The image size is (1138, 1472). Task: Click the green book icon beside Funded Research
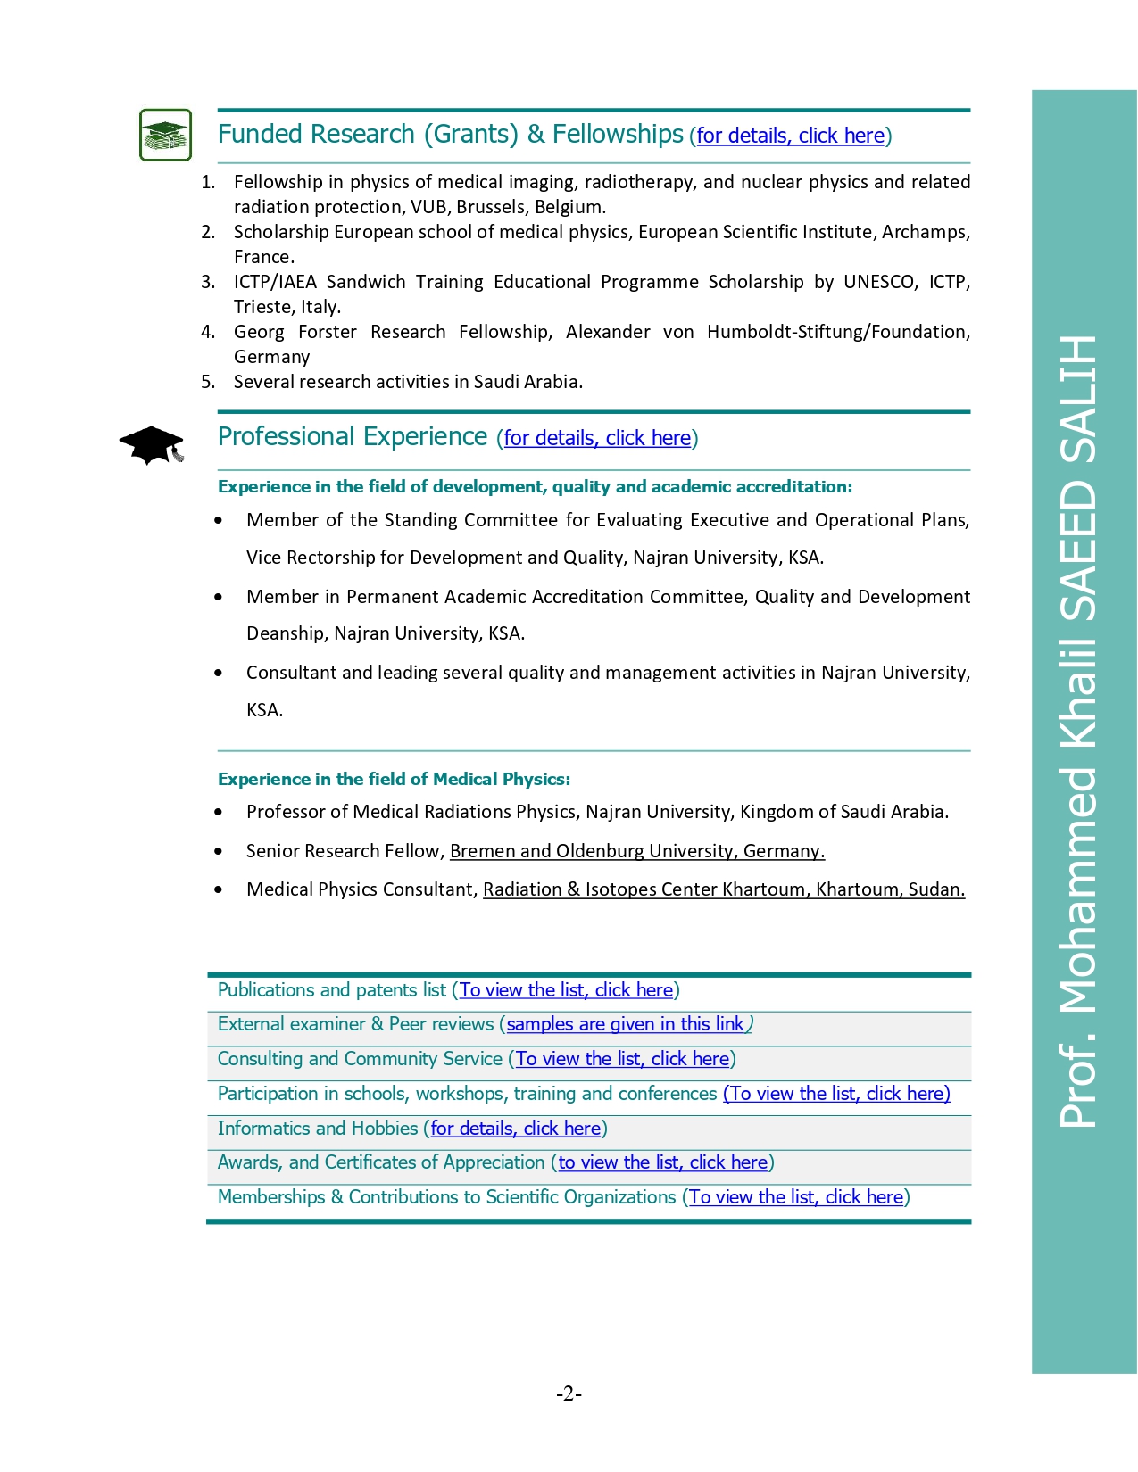click(x=165, y=135)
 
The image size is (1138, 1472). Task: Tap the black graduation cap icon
click(x=152, y=444)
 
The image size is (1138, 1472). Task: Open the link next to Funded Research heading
click(x=790, y=136)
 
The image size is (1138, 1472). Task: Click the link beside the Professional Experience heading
click(x=597, y=438)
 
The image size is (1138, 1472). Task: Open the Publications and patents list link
click(x=566, y=990)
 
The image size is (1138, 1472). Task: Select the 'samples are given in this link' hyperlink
click(x=625, y=1024)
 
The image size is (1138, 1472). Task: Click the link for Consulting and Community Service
click(x=622, y=1059)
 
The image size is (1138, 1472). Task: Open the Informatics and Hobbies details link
click(x=515, y=1129)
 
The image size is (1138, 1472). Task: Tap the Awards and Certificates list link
click(x=662, y=1162)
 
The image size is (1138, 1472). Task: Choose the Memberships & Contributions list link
click(x=796, y=1197)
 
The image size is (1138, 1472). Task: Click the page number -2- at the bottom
click(x=569, y=1393)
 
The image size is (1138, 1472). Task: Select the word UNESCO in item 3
click(x=879, y=282)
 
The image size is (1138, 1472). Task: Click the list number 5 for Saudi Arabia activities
click(x=208, y=382)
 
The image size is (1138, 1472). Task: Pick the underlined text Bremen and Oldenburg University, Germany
click(x=636, y=851)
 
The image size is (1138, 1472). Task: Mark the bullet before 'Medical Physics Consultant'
click(x=219, y=889)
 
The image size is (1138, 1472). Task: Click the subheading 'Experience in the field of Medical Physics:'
click(x=394, y=779)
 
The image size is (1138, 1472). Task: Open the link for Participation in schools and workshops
click(x=836, y=1094)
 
